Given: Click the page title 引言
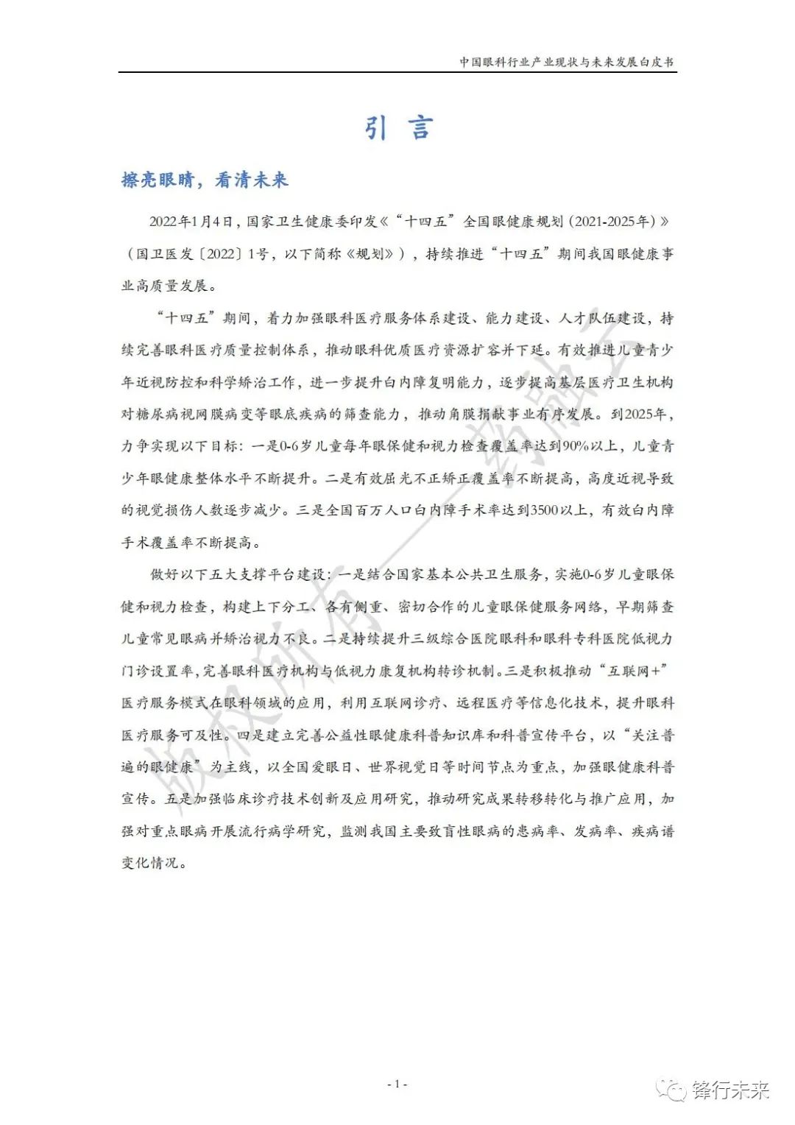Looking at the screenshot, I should (x=397, y=128).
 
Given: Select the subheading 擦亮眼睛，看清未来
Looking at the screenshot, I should (x=205, y=180).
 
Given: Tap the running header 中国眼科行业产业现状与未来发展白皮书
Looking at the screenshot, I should (x=566, y=62).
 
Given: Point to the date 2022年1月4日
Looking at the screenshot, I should (x=191, y=222).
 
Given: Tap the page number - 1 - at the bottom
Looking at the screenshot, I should (x=397, y=1084).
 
